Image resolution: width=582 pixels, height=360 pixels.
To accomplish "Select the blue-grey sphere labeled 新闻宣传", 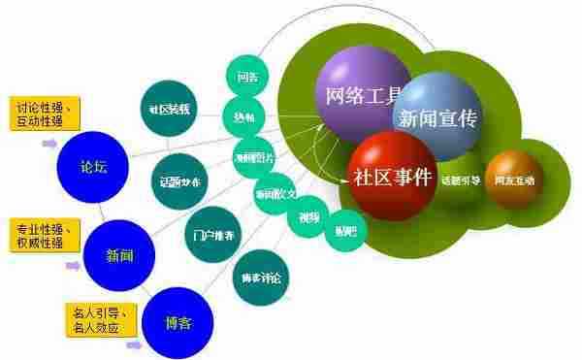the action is coord(435,118).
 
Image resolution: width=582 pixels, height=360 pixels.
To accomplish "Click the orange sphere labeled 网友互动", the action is coord(514,180).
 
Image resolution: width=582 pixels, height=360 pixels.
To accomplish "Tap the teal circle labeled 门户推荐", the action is coord(209,235).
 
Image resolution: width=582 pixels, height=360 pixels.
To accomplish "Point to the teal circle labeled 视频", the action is coord(308,215).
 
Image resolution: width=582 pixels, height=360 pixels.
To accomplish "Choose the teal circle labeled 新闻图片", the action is coord(255,156).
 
